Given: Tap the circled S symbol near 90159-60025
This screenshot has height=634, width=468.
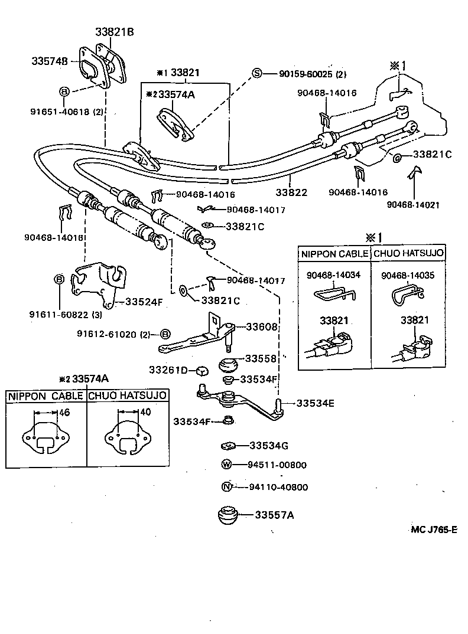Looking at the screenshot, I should point(257,74).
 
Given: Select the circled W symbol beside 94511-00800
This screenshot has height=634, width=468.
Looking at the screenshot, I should point(226,465).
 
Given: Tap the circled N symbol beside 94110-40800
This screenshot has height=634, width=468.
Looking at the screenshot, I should point(226,487).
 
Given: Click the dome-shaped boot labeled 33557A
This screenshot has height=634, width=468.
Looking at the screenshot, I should point(227,515).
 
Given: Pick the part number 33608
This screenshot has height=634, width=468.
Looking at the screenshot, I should point(262,326).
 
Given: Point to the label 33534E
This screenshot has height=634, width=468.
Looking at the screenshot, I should point(315,403).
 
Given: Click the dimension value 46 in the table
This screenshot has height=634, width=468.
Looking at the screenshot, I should point(64,413).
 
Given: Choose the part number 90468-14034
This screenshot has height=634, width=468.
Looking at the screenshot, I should point(333,275).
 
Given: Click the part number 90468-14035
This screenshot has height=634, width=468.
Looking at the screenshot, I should point(408,275).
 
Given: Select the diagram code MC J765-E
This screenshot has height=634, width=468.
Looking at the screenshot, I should point(434,530).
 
